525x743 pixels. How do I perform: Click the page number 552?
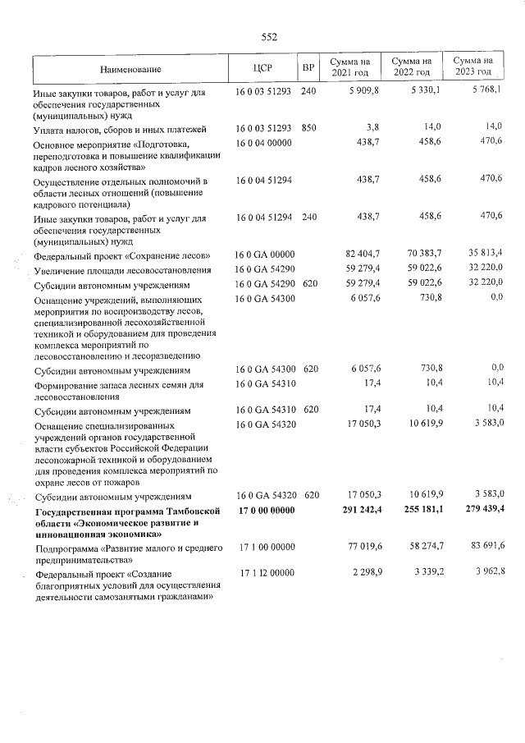269,37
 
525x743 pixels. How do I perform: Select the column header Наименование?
131,68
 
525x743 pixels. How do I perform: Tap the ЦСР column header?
262,68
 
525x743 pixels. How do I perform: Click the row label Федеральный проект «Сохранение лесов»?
126,255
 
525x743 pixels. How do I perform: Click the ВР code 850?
308,129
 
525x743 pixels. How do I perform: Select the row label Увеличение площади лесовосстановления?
126,270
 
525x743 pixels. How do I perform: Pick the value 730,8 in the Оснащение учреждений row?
427,299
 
